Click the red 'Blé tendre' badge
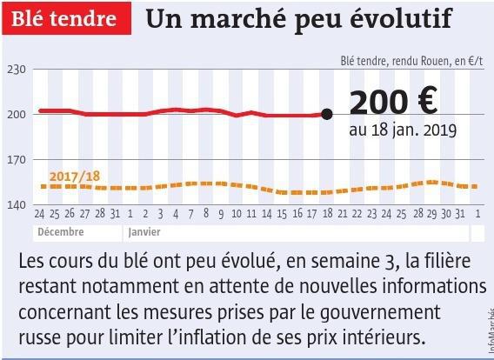(x=66, y=18)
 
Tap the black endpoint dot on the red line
(x=327, y=114)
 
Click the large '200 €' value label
(x=393, y=102)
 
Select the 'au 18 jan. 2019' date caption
(x=403, y=130)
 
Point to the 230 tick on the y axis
(x=17, y=70)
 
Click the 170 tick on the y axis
(x=17, y=160)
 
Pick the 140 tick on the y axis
(x=17, y=205)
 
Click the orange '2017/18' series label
(x=75, y=177)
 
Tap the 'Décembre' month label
(x=61, y=232)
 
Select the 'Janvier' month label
(x=144, y=232)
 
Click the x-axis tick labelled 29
(x=432, y=214)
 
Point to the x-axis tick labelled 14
(x=266, y=214)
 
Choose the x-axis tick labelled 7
(x=190, y=214)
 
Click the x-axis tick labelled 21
(x=343, y=214)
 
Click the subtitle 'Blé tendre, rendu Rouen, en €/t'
(x=411, y=61)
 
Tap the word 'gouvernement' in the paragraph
(x=380, y=312)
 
